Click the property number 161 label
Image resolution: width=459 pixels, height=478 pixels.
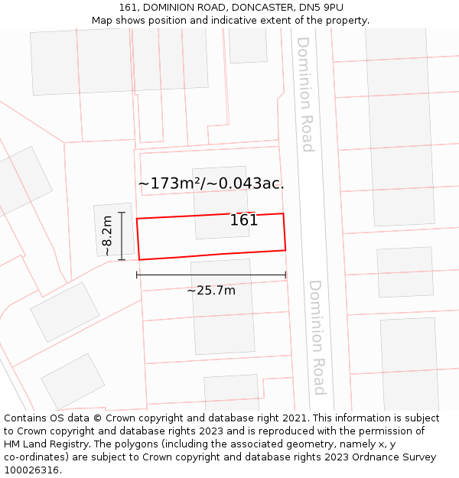point(244,220)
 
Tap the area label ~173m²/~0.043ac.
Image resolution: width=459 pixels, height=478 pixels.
point(211,184)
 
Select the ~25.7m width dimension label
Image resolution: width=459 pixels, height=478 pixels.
point(211,290)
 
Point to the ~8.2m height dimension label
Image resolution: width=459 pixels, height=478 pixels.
point(107,236)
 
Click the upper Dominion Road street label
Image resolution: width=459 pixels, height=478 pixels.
point(305,94)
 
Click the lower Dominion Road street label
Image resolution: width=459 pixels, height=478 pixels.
point(317,337)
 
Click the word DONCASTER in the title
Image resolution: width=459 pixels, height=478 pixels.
point(257,8)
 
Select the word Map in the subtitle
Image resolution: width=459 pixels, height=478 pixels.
point(103,21)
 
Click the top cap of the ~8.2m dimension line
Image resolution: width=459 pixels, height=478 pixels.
point(122,213)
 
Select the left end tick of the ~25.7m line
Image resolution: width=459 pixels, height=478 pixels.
point(137,275)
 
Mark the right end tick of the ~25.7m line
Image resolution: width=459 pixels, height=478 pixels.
point(286,275)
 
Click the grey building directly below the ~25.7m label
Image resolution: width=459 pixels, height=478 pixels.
point(223,314)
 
